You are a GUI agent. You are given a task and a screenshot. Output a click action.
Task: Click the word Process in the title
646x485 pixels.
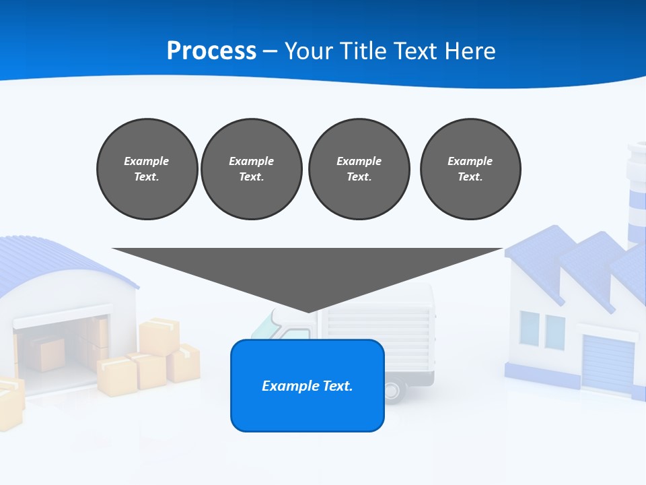pos(211,51)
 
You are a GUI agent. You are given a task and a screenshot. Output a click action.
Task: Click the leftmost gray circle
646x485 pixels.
pos(147,168)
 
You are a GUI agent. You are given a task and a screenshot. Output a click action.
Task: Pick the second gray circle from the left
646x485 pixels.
pos(251,168)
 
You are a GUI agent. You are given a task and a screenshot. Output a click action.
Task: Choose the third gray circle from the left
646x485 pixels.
pos(359,168)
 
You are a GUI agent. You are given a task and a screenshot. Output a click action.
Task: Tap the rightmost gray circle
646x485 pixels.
pos(470,168)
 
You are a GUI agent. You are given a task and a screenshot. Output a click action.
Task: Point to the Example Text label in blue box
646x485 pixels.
pos(308,386)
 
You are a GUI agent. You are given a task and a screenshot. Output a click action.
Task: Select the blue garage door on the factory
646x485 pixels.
pos(608,364)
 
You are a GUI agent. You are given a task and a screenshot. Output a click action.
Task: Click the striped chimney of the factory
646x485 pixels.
pos(637,195)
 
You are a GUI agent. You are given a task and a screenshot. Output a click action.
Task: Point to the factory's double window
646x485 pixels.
pos(542,330)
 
